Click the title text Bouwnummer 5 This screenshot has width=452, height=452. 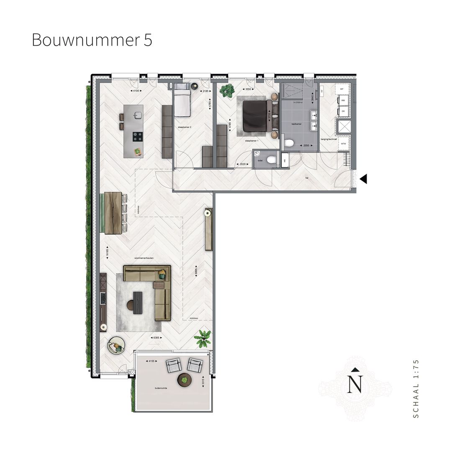(92, 40)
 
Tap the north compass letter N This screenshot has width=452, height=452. (355, 384)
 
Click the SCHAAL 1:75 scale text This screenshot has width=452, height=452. (415, 388)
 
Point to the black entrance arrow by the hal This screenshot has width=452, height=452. (363, 179)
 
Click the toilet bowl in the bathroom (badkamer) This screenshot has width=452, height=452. (289, 143)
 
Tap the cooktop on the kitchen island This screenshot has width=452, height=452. (137, 136)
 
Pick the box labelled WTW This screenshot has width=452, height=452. (343, 144)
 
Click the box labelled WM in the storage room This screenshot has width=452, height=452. (343, 100)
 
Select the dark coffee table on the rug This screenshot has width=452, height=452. (137, 301)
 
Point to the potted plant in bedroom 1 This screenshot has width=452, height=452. (227, 90)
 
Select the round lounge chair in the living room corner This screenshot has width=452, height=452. (116, 346)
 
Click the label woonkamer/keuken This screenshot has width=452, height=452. (144, 258)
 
